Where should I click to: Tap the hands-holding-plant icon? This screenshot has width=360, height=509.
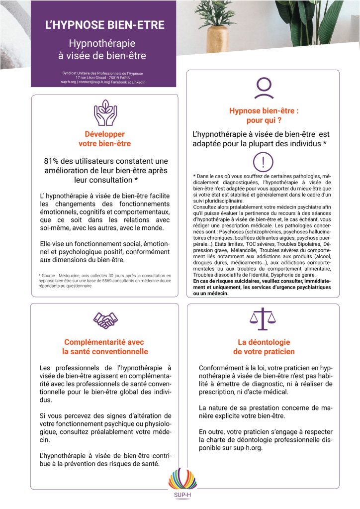(105, 113)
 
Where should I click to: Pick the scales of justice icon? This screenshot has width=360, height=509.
(263, 319)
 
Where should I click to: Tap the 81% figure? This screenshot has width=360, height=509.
(54, 161)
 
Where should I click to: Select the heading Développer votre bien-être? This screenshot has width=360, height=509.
(105, 139)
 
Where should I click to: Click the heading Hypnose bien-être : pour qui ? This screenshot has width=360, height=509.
(264, 115)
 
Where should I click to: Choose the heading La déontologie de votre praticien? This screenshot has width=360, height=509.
(264, 347)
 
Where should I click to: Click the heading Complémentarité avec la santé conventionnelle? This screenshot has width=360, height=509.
(105, 347)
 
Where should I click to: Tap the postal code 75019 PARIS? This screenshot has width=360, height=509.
(118, 77)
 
